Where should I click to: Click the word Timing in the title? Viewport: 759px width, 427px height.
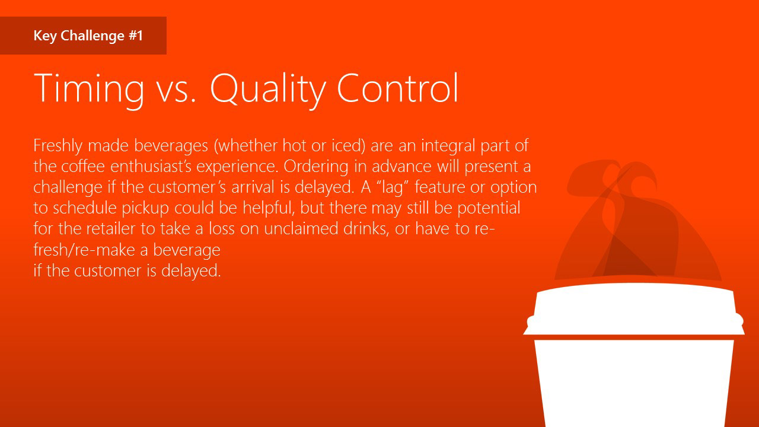click(89, 90)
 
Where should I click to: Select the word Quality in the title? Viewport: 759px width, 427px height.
click(267, 90)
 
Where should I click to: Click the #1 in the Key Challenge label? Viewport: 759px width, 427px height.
click(136, 36)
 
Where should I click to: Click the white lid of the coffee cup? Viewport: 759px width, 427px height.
click(634, 309)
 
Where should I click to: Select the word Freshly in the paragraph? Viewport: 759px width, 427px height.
click(58, 146)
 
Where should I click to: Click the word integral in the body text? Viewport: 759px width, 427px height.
click(448, 146)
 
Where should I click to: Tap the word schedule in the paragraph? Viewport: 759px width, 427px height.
click(85, 208)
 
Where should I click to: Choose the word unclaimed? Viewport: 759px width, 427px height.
click(301, 228)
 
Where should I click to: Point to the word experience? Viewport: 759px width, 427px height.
click(237, 167)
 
